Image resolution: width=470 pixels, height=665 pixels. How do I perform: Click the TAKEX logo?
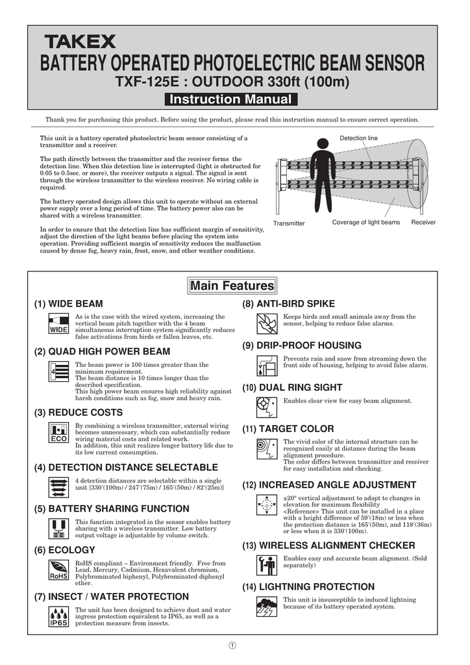80,42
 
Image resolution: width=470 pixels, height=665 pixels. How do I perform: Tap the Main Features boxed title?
232,286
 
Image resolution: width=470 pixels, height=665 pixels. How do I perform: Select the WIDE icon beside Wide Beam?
59,324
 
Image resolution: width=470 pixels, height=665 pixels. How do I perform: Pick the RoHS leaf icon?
59,570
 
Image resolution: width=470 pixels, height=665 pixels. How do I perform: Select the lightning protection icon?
267,607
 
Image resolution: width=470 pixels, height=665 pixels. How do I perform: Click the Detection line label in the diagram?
358,138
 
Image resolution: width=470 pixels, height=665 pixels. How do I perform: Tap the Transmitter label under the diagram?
289,223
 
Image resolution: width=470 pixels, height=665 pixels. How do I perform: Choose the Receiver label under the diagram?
423,223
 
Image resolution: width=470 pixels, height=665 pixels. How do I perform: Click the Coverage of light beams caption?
366,223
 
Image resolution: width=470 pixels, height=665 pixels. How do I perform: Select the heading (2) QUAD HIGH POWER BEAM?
102,351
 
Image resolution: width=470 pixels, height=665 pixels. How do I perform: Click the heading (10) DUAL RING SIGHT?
292,388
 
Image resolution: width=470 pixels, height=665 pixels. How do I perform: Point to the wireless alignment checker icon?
267,565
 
